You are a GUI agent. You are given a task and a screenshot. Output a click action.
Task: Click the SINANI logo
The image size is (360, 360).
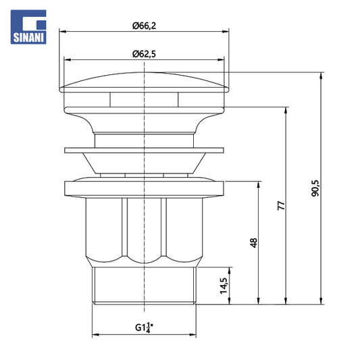pos(28,27)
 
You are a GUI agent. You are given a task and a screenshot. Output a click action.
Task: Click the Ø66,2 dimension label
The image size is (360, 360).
pos(144,26)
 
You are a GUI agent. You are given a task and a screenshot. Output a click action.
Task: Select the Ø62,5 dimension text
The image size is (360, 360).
pos(144,54)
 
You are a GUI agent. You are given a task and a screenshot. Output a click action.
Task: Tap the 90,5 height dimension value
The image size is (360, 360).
pos(315,188)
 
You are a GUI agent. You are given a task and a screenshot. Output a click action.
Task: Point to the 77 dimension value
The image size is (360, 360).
pos(281,205)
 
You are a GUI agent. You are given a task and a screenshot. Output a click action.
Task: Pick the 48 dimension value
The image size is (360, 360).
pos(253,242)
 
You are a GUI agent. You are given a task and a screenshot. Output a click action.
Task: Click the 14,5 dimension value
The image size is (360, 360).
pos(224,286)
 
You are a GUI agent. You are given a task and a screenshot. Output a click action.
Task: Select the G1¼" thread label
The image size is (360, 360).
pos(144,328)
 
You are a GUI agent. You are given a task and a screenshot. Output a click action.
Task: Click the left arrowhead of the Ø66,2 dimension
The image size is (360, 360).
pos(63,32)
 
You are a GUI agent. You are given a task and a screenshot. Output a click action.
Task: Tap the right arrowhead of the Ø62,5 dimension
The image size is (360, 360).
pos(221,60)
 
